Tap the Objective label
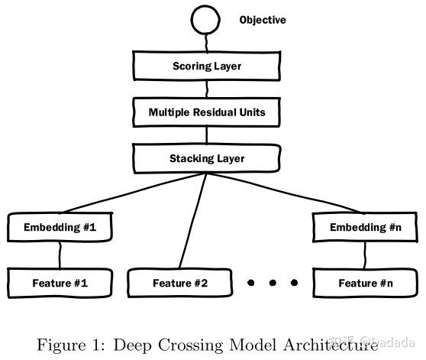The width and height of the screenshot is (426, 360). pyautogui.click(x=263, y=20)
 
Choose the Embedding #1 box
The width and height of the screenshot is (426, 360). pyautogui.click(x=60, y=228)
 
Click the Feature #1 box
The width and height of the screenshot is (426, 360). pyautogui.click(x=60, y=284)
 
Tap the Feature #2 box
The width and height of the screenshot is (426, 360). pyautogui.click(x=180, y=284)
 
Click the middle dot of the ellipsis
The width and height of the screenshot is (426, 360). pyautogui.click(x=273, y=284)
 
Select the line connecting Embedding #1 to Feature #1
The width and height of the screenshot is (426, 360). pyautogui.click(x=60, y=255)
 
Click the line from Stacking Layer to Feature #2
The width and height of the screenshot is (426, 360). pyautogui.click(x=192, y=222)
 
